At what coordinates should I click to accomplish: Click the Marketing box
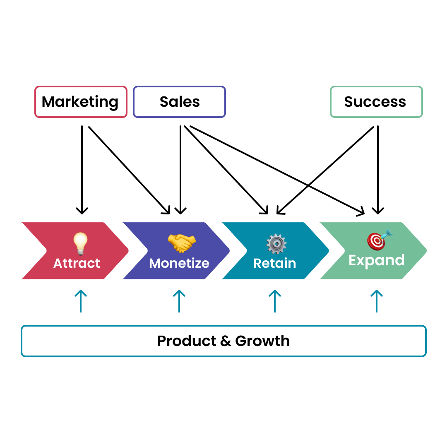(x=81, y=102)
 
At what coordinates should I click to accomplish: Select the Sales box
(x=179, y=102)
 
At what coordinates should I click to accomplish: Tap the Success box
(x=376, y=102)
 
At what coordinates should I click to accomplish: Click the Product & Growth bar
(x=223, y=341)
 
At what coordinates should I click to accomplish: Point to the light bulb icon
(x=80, y=243)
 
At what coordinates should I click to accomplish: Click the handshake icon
(x=182, y=243)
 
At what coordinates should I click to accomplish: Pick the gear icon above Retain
(x=276, y=244)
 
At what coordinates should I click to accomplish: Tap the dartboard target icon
(x=377, y=240)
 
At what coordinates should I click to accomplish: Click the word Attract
(x=77, y=263)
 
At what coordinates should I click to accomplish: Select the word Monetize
(x=179, y=263)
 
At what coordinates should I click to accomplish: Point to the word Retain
(x=275, y=263)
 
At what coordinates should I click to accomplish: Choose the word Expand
(x=376, y=260)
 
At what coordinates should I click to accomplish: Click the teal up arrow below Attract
(x=80, y=301)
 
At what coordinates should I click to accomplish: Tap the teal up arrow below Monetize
(x=179, y=301)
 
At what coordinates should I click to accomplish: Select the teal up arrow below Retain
(x=275, y=301)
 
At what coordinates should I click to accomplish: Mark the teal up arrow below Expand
(x=376, y=301)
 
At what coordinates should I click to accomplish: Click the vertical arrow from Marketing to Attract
(x=82, y=170)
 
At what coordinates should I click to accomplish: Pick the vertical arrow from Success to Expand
(x=378, y=170)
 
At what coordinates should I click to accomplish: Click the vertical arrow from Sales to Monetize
(x=180, y=170)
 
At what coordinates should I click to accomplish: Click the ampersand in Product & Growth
(x=226, y=341)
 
